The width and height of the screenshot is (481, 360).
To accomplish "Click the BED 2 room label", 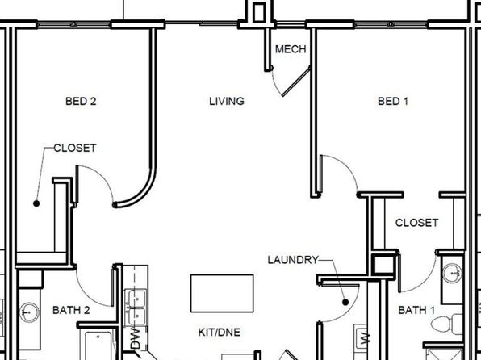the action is click(81, 101).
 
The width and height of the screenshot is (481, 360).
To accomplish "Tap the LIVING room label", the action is click(227, 101).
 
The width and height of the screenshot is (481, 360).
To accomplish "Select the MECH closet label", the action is click(291, 49).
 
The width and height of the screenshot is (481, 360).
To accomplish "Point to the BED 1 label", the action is click(393, 101).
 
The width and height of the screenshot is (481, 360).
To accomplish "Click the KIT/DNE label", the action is click(220, 332).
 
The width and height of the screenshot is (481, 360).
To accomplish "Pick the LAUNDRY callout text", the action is click(293, 260).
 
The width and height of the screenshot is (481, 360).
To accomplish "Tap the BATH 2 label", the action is click(71, 310).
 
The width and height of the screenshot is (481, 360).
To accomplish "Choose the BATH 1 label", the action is click(416, 310).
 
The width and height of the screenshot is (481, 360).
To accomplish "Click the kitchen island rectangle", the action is click(222, 293).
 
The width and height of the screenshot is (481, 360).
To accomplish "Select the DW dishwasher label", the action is click(136, 338).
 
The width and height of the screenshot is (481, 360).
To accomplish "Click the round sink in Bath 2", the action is click(29, 312).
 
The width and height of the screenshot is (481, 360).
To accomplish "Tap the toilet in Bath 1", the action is click(446, 324).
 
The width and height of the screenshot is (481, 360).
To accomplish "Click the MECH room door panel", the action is click(296, 81).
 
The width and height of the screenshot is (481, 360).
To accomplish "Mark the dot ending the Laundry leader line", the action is click(345, 303).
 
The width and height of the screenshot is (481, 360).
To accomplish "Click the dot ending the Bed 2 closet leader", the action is click(36, 203).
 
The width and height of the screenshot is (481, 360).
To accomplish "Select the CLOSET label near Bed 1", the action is click(416, 223).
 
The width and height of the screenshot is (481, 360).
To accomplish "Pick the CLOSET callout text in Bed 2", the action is click(75, 148).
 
